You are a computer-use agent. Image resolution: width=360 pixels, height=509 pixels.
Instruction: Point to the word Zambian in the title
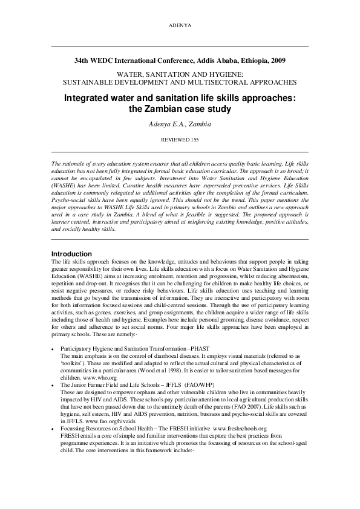[x=162, y=109]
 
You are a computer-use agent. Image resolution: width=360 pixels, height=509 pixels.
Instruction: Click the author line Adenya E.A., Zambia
[x=180, y=124]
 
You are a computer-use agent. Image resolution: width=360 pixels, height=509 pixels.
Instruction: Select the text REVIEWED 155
[x=180, y=138]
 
